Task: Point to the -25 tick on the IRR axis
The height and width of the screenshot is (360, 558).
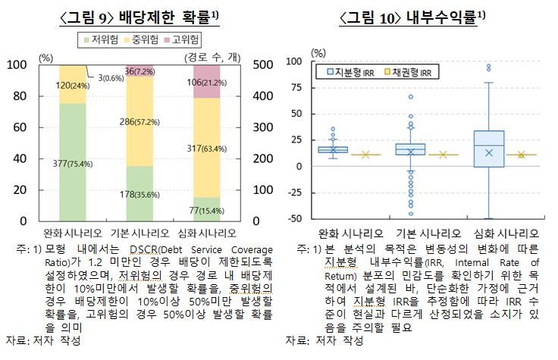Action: pyautogui.click(x=298, y=193)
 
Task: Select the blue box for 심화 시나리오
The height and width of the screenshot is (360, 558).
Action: pyautogui.click(x=488, y=149)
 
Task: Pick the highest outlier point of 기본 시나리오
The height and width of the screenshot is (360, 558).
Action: pyautogui.click(x=410, y=97)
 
